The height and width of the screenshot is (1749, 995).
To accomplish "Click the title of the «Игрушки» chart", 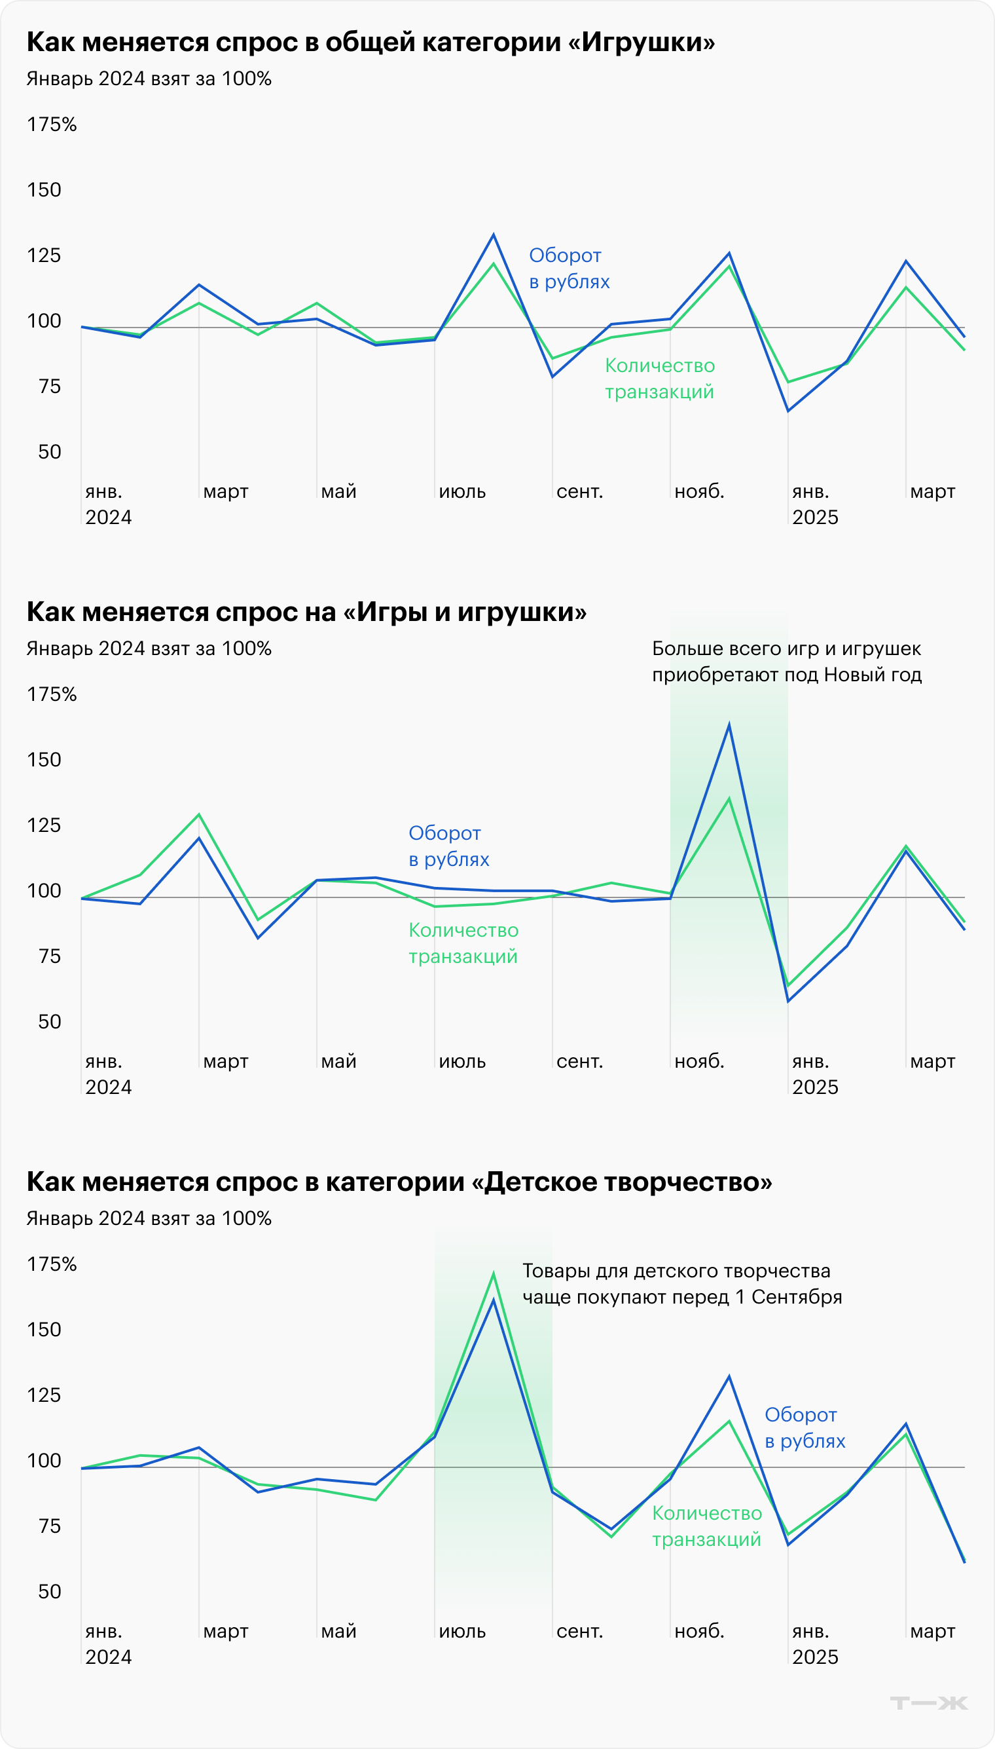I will pyautogui.click(x=371, y=43).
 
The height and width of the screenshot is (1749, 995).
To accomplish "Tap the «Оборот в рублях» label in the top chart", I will pyautogui.click(x=569, y=268).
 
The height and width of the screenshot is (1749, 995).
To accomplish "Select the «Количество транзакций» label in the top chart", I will pyautogui.click(x=659, y=378).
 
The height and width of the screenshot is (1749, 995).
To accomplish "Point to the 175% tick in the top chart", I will pyautogui.click(x=51, y=124).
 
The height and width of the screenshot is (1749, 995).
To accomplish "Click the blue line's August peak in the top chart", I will pyautogui.click(x=494, y=235).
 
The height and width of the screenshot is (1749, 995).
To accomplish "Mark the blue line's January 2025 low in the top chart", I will pyautogui.click(x=788, y=410).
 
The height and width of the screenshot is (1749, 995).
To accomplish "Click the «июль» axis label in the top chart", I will pyautogui.click(x=462, y=491).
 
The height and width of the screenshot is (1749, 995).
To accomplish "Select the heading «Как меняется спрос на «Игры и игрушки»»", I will pyautogui.click(x=306, y=612).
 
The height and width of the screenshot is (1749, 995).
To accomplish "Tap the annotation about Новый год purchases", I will pyautogui.click(x=786, y=661).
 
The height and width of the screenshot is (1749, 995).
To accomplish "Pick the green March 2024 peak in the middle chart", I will pyautogui.click(x=199, y=814).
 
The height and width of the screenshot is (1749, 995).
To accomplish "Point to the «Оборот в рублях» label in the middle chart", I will pyautogui.click(x=448, y=846).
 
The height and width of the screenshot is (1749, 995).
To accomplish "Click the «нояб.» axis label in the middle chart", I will pyautogui.click(x=698, y=1061).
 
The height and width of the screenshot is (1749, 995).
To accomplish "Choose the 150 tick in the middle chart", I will pyautogui.click(x=44, y=760).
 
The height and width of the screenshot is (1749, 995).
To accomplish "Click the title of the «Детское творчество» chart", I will pyautogui.click(x=399, y=1182).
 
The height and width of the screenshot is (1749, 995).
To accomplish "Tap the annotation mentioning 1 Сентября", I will pyautogui.click(x=681, y=1283).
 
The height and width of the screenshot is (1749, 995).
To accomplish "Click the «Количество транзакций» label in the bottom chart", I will pyautogui.click(x=706, y=1526).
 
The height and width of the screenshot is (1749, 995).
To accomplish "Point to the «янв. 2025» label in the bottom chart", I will pyautogui.click(x=814, y=1643).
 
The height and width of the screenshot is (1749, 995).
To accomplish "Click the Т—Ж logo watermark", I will pyautogui.click(x=929, y=1702).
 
